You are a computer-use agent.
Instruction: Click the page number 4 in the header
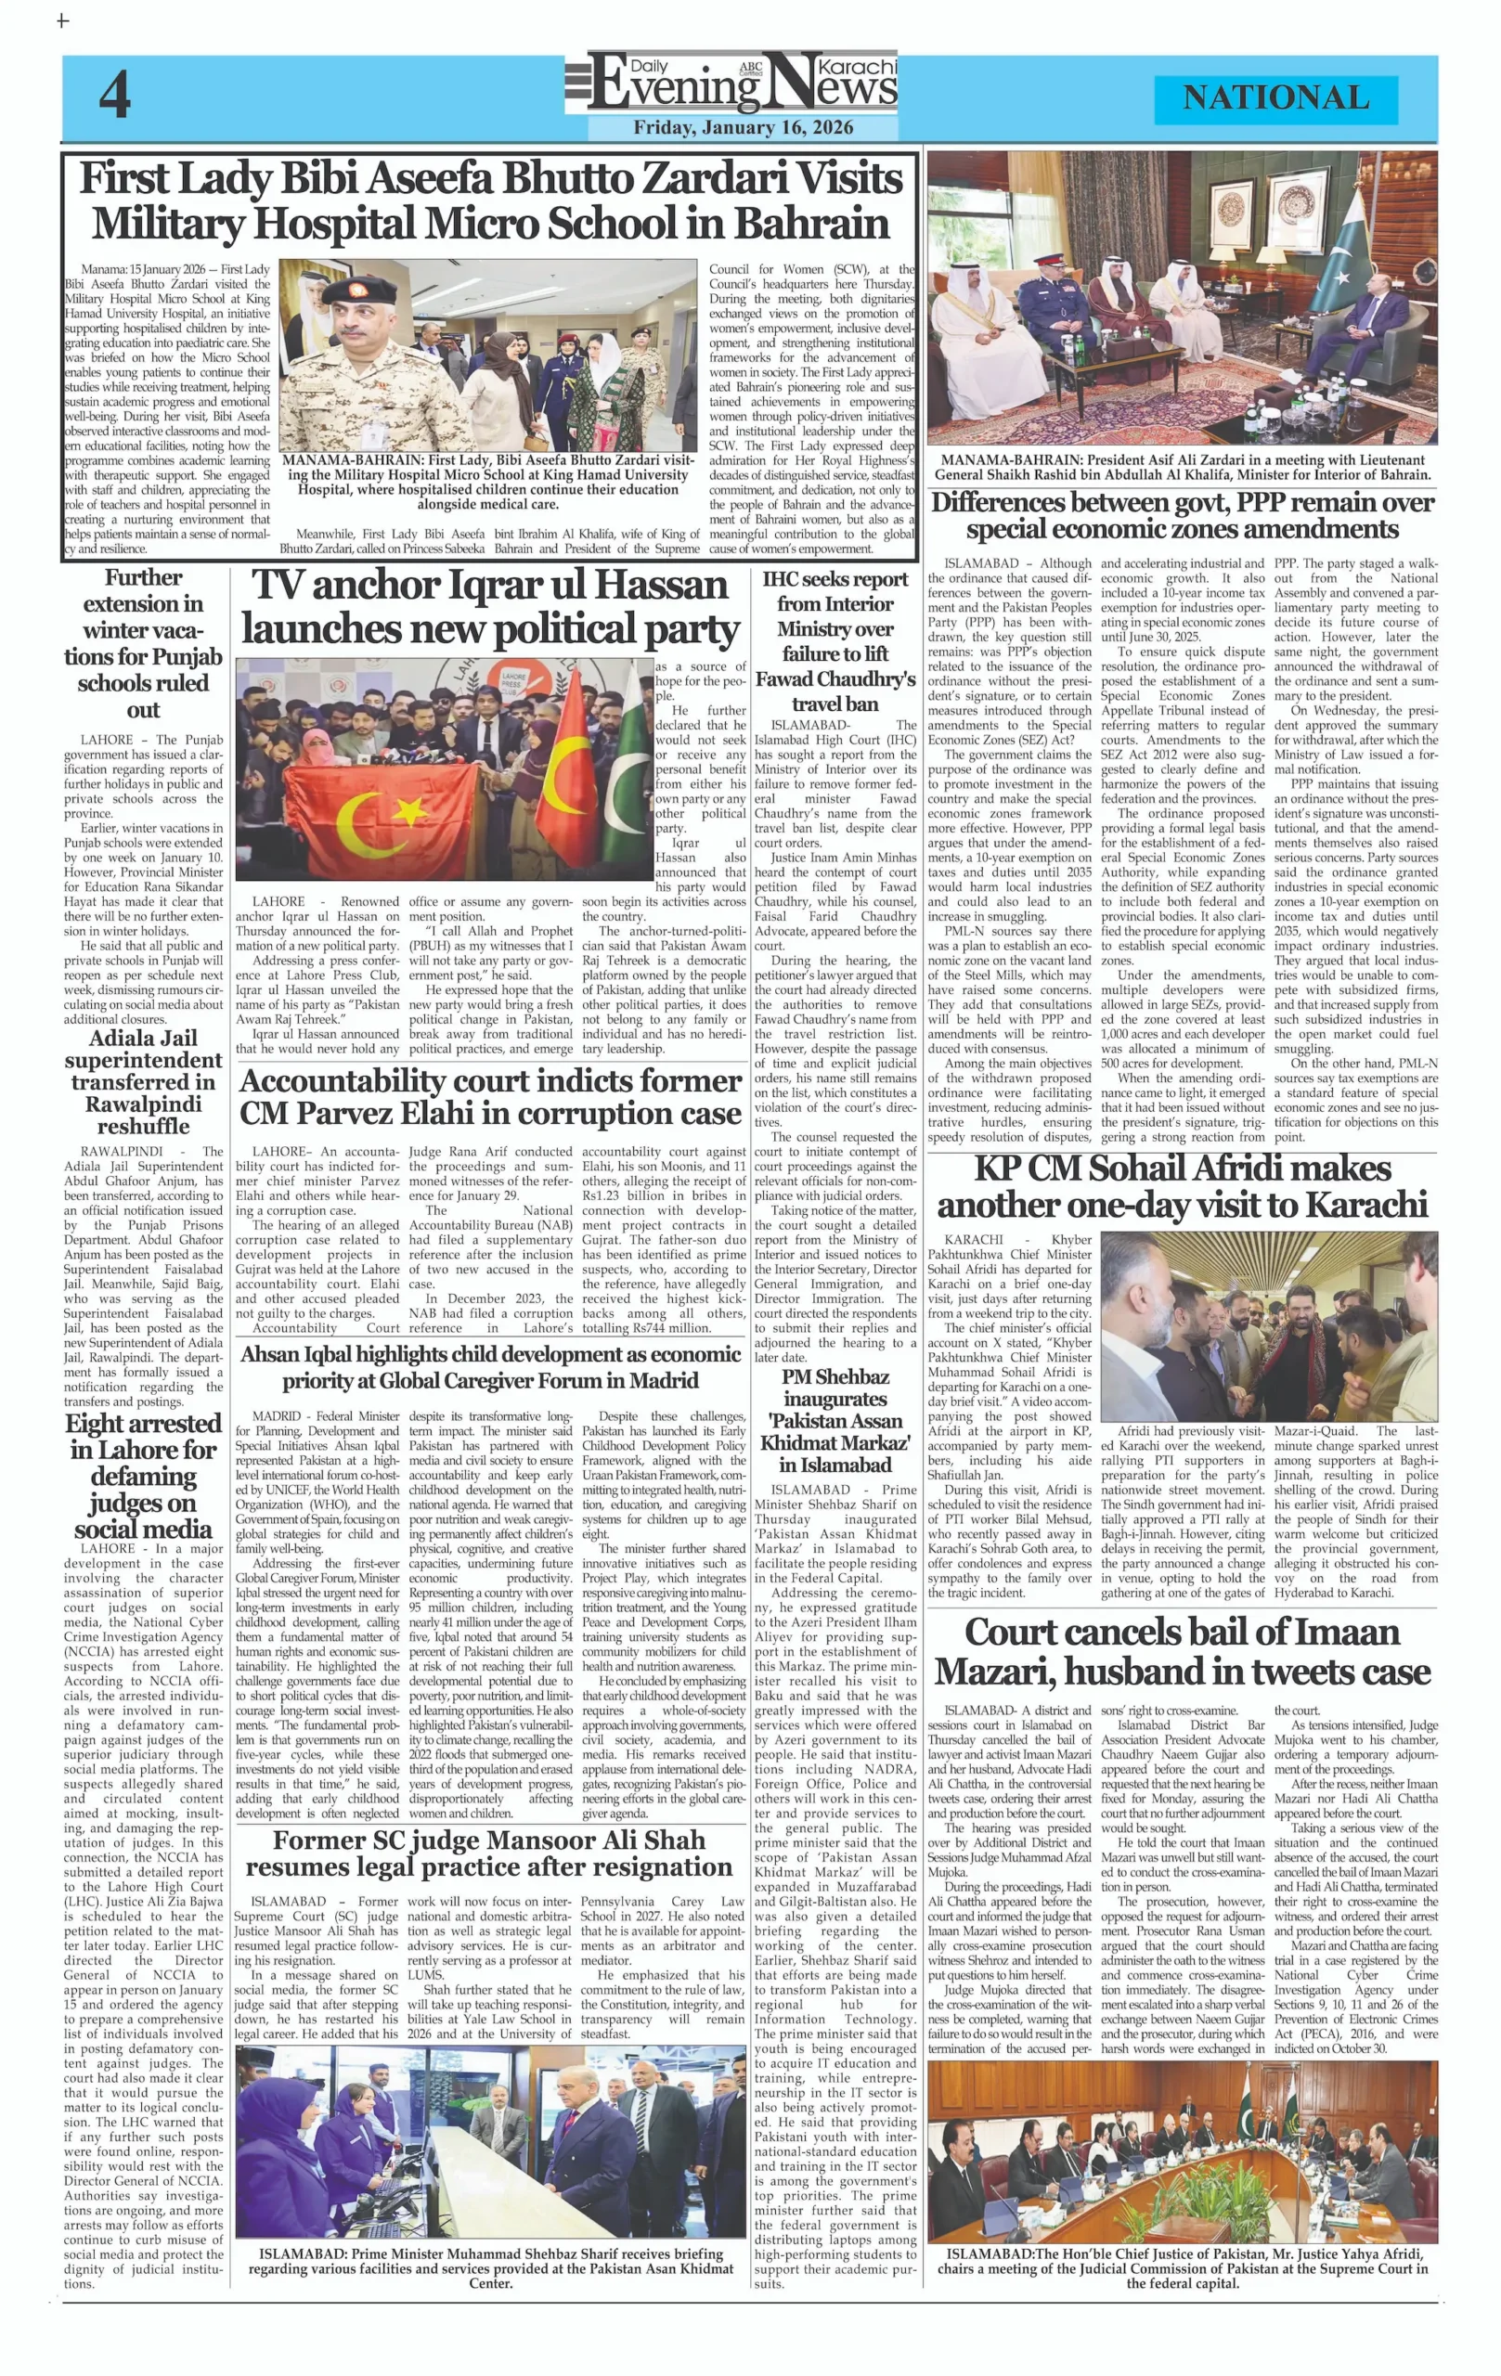[x=114, y=97]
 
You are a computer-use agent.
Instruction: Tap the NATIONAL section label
[x=1275, y=97]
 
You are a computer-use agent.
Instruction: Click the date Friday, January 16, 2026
[x=744, y=127]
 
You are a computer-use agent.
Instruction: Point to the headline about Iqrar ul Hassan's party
[x=489, y=607]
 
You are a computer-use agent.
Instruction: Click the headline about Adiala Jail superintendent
[x=144, y=1080]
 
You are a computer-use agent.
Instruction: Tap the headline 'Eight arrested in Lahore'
[x=144, y=1475]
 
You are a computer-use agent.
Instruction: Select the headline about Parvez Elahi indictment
[x=489, y=1096]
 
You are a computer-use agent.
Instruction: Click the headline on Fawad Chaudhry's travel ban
[x=835, y=640]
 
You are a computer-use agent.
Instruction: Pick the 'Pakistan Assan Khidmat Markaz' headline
[x=835, y=1420]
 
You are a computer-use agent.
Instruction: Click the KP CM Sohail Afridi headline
[x=1183, y=1186]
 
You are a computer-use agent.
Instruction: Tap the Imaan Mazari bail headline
[x=1183, y=1651]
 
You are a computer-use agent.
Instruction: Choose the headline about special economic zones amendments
[x=1183, y=515]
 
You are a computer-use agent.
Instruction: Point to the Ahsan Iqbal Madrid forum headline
[x=489, y=1366]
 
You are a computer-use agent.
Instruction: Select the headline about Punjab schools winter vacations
[x=144, y=642]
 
